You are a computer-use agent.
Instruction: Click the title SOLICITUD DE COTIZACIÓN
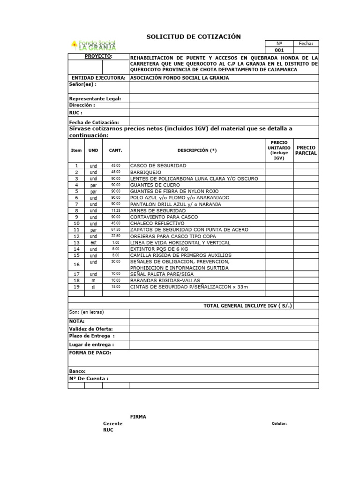coord(194,37)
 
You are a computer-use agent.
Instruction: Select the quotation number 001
coord(279,50)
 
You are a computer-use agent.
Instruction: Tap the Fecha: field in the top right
coord(306,43)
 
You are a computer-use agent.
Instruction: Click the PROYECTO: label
coord(98,56)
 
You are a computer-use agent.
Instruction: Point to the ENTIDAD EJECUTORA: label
coord(98,78)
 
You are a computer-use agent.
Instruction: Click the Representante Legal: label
coord(95,98)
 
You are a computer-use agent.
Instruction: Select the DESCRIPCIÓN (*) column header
coord(197,150)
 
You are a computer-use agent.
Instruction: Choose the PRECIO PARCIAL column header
coord(306,150)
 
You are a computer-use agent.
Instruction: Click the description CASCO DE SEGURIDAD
coord(158,166)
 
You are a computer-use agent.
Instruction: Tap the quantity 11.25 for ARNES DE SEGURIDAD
coord(115,211)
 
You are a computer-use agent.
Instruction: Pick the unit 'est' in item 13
coord(93,243)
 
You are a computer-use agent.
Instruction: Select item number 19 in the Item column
coord(76,287)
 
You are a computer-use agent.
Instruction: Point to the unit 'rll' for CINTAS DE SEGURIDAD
coord(93,287)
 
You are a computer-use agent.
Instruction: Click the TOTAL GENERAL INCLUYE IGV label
coord(247,306)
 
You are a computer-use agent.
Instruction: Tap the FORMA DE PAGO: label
coord(90,352)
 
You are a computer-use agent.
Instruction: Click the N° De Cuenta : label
coord(89,378)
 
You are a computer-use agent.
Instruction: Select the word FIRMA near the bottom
coord(138,417)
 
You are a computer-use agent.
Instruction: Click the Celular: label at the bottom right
coord(279,424)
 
